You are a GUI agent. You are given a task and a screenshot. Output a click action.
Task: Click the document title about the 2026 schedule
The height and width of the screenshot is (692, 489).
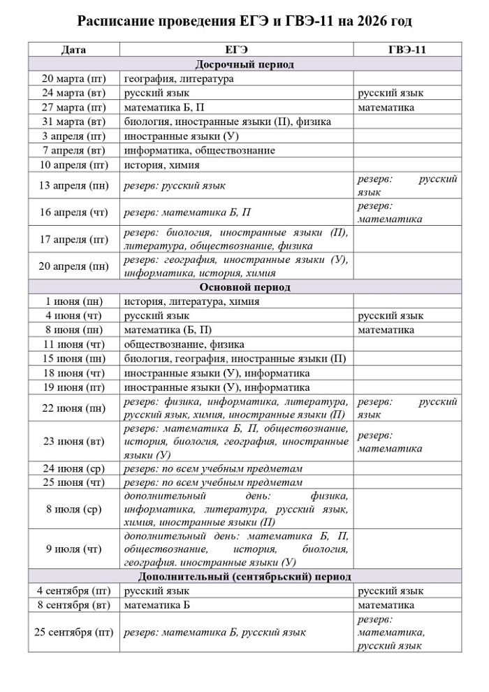click(244, 22)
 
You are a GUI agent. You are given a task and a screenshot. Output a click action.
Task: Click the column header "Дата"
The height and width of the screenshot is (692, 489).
click(74, 50)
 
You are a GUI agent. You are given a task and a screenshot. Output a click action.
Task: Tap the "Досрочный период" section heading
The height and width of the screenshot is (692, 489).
click(244, 64)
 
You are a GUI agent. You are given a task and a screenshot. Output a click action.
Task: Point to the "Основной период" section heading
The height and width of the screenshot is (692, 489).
click(244, 287)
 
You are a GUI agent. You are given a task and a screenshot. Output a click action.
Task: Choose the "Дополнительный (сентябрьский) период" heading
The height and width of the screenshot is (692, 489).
click(244, 577)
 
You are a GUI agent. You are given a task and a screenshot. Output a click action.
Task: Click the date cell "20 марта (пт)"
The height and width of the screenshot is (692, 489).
click(74, 79)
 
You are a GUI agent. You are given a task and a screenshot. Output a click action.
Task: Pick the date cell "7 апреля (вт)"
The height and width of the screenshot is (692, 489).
click(74, 150)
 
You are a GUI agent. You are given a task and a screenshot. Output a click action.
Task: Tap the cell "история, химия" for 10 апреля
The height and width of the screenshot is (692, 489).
click(161, 165)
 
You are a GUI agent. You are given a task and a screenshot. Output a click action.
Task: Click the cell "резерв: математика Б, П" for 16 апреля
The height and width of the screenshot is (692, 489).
click(187, 212)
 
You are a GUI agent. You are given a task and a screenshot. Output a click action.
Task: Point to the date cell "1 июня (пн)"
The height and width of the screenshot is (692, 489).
click(74, 302)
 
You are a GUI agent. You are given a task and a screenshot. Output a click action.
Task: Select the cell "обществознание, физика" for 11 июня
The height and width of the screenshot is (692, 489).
click(184, 345)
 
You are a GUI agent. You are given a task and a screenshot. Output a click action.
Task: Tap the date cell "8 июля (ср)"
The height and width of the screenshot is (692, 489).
click(74, 510)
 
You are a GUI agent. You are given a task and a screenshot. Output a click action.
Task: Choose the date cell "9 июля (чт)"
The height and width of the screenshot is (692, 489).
click(74, 549)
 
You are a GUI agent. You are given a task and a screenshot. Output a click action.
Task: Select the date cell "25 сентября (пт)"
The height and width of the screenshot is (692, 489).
click(74, 633)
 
